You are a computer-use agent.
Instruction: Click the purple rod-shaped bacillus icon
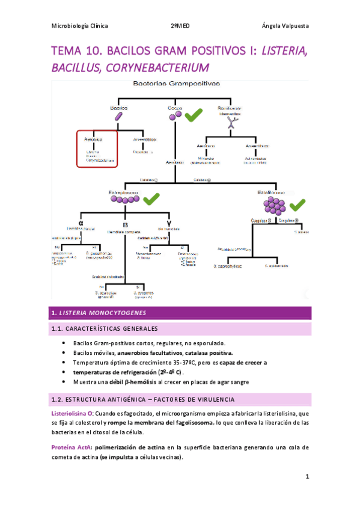120,117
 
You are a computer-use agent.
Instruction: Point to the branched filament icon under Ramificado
230,122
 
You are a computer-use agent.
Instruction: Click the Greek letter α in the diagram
81,222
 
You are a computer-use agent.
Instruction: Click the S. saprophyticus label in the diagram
229,265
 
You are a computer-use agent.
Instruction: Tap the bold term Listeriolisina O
72,414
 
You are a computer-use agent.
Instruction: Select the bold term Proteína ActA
70,447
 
